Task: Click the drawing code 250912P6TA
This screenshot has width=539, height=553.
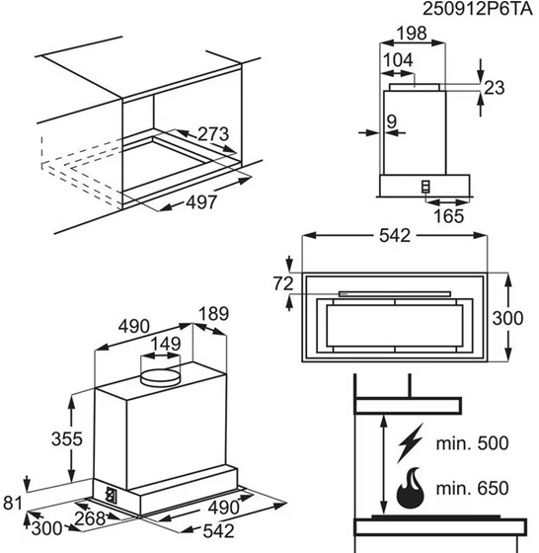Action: coord(478,9)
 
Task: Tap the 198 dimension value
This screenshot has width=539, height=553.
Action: coord(412,34)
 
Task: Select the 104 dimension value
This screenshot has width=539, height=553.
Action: coord(398,60)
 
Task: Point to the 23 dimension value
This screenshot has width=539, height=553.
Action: coord(495,88)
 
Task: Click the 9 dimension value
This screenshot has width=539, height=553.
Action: coord(392,121)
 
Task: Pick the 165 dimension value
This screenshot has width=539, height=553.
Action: coord(448,216)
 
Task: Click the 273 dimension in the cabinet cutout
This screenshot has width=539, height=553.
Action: coord(213,134)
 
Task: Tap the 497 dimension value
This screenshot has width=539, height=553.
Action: coord(201,202)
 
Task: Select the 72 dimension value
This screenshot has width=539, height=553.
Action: coord(282,283)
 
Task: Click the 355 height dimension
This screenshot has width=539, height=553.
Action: coord(67,439)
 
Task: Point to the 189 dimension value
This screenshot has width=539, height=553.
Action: coord(213,314)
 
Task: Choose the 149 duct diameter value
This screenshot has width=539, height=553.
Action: coord(166,344)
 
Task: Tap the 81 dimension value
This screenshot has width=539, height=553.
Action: coord(13,503)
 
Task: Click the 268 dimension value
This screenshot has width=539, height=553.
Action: coord(90,518)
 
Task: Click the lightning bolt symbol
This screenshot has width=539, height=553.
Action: coord(410,443)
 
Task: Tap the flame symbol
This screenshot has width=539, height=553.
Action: coord(410,489)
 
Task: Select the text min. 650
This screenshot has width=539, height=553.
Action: coord(473,489)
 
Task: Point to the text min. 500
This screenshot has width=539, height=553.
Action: coord(473,443)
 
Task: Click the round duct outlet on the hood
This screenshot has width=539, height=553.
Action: coord(160,378)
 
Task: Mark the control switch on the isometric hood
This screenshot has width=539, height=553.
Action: coord(111,495)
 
